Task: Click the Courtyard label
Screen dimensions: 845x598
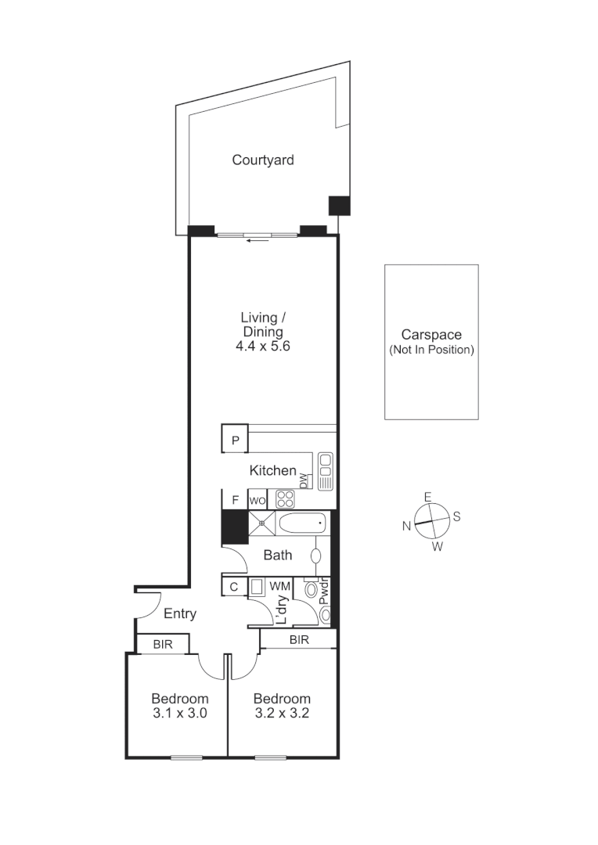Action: tap(263, 160)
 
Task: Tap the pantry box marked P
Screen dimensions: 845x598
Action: tap(235, 440)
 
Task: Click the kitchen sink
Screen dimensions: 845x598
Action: tap(326, 471)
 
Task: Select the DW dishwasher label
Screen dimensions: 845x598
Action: tap(304, 481)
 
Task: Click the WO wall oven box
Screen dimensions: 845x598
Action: tap(258, 500)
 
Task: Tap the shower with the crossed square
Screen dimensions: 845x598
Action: tap(263, 523)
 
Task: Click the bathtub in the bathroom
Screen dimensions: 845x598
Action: tap(303, 523)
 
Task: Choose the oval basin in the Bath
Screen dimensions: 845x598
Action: tap(316, 556)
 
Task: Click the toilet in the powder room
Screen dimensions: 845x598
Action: tap(312, 590)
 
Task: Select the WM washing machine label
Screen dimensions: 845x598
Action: tap(280, 586)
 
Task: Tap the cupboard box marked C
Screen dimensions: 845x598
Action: tap(234, 586)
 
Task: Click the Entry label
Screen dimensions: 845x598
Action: tap(179, 614)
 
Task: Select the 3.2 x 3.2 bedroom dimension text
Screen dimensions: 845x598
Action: tap(282, 713)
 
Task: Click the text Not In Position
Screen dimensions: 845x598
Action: tap(431, 350)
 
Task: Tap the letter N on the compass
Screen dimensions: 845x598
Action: tap(406, 527)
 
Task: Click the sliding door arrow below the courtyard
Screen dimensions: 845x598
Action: tap(258, 240)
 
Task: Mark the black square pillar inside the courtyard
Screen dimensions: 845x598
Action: tap(339, 205)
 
